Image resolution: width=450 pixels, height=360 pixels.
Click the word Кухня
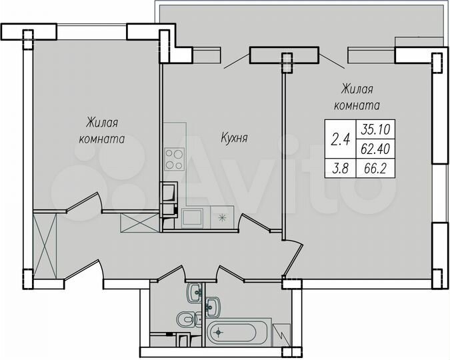click(235, 139)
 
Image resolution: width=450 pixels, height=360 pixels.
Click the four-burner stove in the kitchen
click(175, 158)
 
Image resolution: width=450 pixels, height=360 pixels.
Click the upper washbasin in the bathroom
click(195, 291)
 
